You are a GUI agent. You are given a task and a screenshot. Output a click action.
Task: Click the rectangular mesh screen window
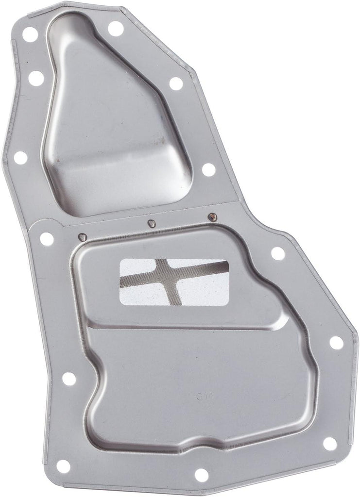174,282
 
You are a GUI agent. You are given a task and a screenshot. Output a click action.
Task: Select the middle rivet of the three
152,223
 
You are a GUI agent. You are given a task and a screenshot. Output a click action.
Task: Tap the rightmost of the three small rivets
211,216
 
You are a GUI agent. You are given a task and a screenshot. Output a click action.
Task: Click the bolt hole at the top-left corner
30,35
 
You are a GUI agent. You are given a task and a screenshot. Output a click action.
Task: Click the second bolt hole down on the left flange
36,78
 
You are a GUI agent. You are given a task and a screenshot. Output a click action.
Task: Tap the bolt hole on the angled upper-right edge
176,83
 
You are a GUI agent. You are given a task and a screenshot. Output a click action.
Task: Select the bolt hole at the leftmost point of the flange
21,157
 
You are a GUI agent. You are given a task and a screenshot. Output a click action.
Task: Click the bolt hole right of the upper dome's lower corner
208,169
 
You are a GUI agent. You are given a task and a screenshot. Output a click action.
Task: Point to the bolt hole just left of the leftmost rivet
47,238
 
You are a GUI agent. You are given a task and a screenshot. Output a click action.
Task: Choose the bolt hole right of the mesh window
278,253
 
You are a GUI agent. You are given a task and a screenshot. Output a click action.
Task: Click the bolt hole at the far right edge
336,343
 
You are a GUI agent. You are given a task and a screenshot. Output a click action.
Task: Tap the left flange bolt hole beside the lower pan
69,379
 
